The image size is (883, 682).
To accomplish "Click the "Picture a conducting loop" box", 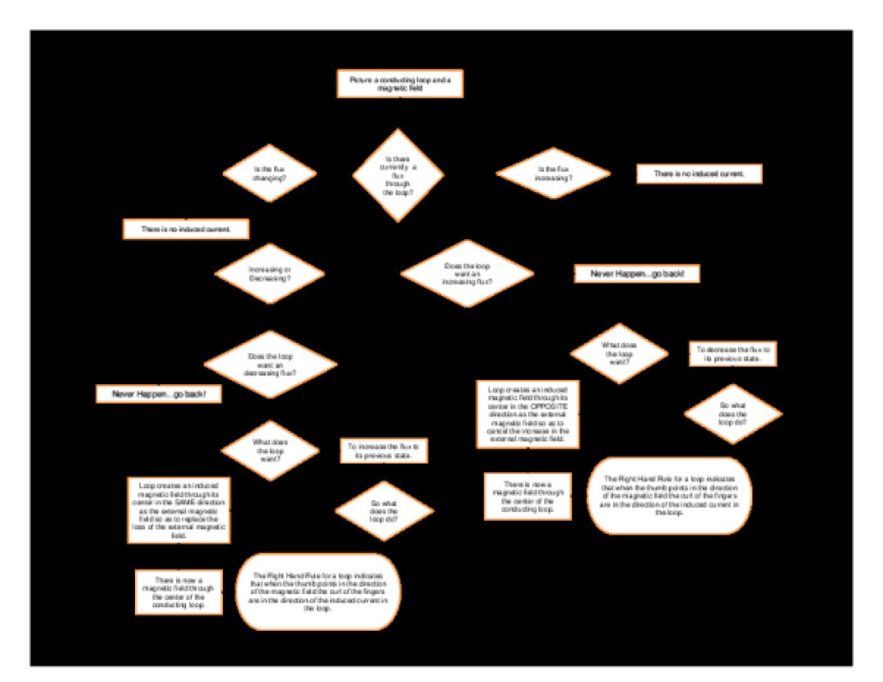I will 399,84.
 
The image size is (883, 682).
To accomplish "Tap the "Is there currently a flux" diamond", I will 398,175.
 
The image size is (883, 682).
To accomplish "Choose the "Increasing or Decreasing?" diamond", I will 270,273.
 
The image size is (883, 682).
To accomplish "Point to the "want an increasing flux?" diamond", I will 467,273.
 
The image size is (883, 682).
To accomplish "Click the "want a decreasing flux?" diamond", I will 271,364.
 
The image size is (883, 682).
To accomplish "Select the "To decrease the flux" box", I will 734,354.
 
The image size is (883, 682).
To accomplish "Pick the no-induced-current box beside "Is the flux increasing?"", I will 699,173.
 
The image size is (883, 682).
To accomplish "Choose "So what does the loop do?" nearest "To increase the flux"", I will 384,510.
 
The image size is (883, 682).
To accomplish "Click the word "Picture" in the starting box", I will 362,79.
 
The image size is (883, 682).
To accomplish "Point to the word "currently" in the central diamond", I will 398,166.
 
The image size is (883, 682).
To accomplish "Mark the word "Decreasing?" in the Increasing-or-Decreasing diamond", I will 270,278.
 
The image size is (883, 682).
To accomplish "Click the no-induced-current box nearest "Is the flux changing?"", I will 187,229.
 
